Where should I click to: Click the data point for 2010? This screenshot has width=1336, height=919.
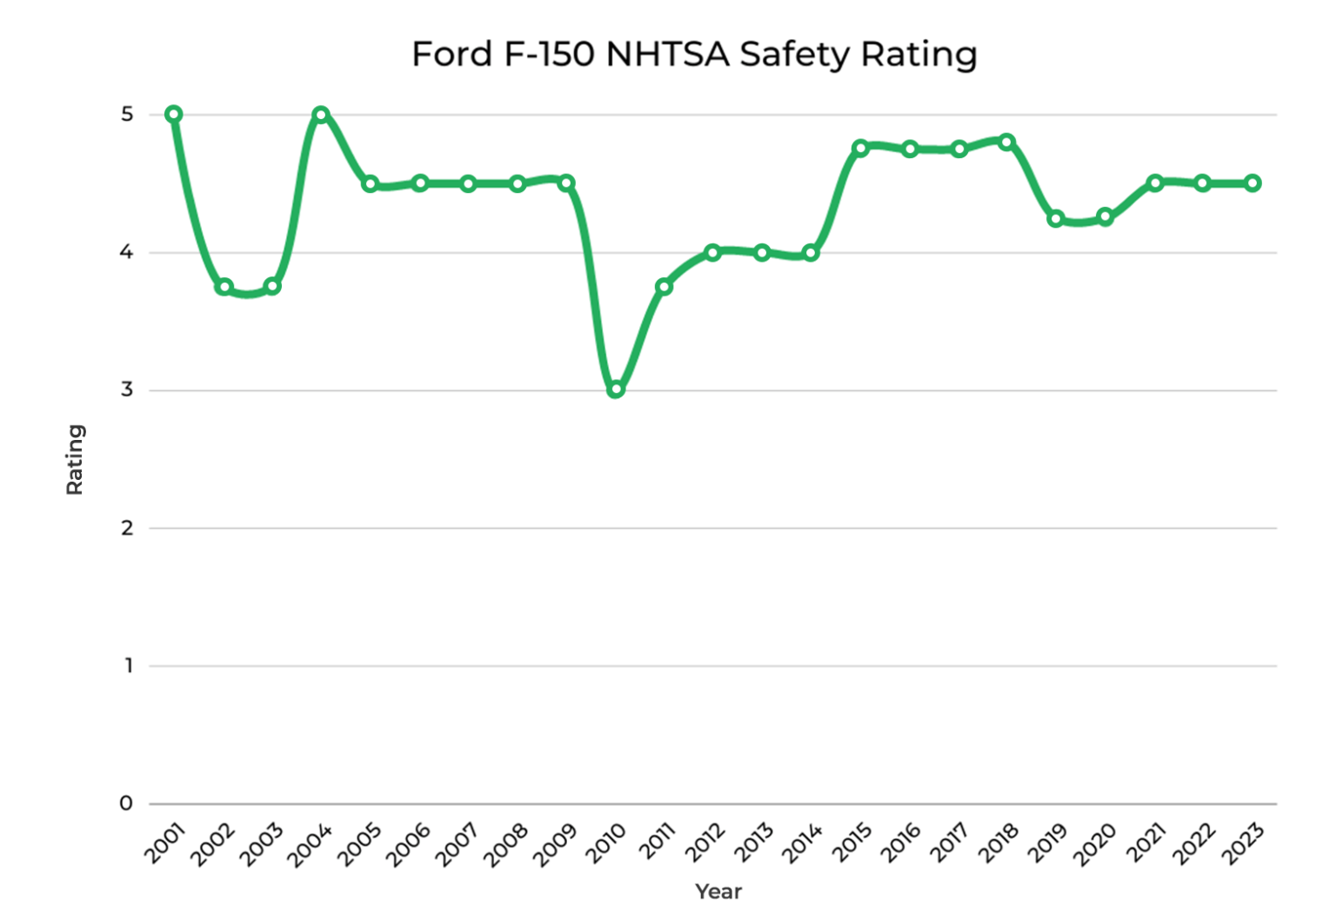(x=616, y=390)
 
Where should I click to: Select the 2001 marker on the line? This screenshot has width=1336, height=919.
(x=174, y=114)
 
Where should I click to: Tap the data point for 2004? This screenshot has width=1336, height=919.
(x=321, y=114)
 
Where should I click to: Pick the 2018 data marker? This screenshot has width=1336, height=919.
(x=1007, y=142)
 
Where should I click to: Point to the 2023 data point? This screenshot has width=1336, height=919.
(x=1252, y=183)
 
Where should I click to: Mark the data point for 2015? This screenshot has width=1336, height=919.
(x=860, y=148)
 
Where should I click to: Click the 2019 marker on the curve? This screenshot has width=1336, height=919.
(x=1056, y=218)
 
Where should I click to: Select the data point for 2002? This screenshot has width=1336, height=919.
(x=224, y=286)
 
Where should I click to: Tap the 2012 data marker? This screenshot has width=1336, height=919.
(x=712, y=252)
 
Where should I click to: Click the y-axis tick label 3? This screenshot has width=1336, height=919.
(x=127, y=390)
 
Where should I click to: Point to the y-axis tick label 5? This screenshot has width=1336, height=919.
(x=127, y=114)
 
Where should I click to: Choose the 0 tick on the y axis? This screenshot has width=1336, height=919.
(x=126, y=803)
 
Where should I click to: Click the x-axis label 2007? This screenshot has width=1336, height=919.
(x=458, y=844)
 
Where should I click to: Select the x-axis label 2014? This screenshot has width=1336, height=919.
(x=801, y=844)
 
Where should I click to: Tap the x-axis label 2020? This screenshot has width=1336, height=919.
(x=1095, y=844)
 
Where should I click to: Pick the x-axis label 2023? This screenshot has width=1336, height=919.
(x=1242, y=844)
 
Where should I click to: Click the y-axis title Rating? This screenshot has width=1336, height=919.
(x=75, y=459)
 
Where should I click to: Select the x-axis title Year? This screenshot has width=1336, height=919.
(x=718, y=891)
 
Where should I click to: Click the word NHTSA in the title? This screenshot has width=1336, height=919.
(x=667, y=54)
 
